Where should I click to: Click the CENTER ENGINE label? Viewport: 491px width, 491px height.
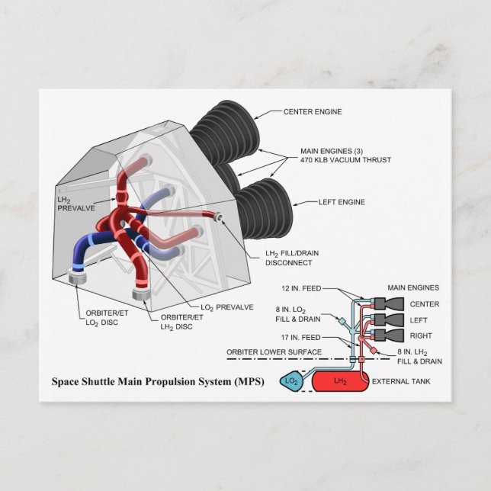[312, 111]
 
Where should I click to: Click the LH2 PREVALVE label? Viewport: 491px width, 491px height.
[73, 204]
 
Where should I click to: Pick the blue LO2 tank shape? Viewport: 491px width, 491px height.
[290, 380]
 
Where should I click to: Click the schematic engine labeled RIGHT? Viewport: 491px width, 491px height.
[384, 335]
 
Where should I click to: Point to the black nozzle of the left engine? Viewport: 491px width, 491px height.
[263, 206]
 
